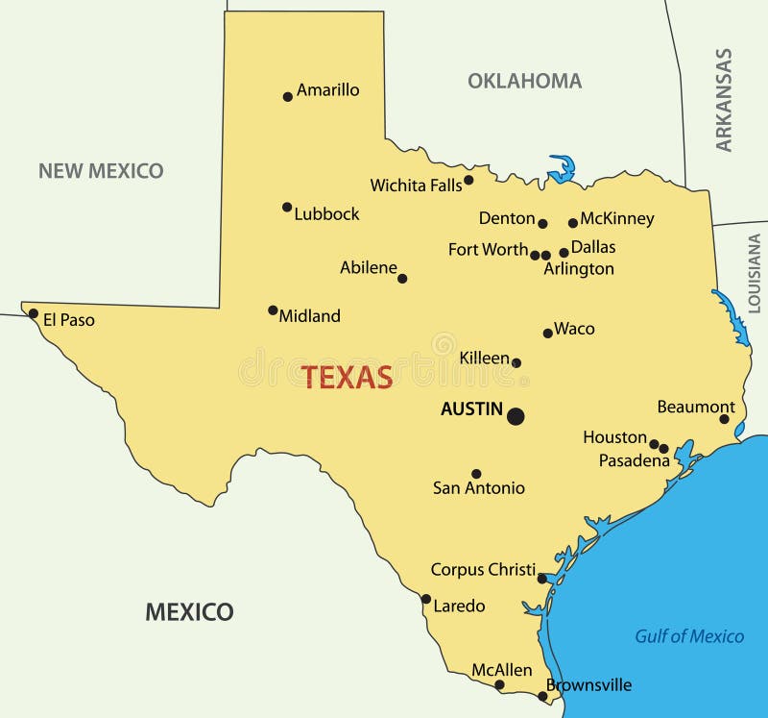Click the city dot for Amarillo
point(287,96)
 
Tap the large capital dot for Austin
point(516,416)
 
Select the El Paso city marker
point(34,313)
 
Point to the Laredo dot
point(426,599)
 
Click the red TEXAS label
point(348,377)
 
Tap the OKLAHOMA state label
point(524,81)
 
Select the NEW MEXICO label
point(101,171)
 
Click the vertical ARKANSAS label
point(724,100)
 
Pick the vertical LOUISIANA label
point(754,273)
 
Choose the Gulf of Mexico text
point(689,636)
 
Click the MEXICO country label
point(189,611)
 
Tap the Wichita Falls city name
point(416,186)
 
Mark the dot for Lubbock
point(287,207)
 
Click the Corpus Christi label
point(483,569)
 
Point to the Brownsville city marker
point(541,695)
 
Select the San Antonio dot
point(476,474)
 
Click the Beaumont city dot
point(725,419)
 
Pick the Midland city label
point(309,315)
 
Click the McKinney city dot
point(573,223)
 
